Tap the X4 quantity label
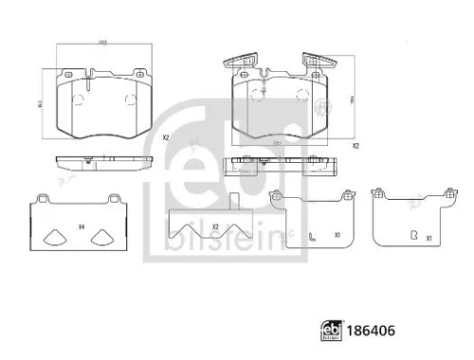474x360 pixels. click(81, 225)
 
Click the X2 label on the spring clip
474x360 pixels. click(216, 226)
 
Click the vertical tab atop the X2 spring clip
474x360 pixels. click(233, 201)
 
